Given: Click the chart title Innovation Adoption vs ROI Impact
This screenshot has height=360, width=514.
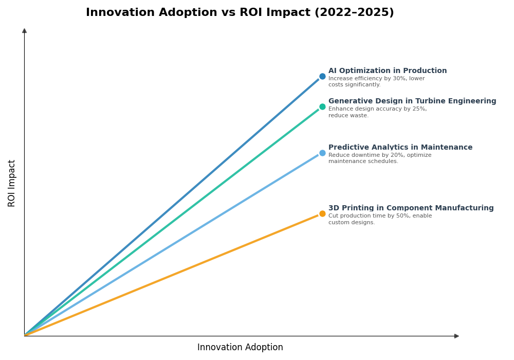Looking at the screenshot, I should (240, 13).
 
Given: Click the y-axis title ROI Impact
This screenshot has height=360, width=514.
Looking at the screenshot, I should (12, 183).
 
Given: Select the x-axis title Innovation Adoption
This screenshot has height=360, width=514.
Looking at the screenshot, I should (240, 348).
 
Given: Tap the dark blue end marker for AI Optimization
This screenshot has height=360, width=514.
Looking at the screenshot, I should (322, 77).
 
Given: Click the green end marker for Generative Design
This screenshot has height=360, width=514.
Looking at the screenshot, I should (322, 107).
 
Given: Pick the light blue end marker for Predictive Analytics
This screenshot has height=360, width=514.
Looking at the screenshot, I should (322, 153).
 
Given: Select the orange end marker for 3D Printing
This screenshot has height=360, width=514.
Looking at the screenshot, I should (322, 214).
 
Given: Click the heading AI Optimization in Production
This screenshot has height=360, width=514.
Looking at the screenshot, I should (388, 71).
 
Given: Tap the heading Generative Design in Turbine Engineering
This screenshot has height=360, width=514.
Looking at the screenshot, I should (412, 101).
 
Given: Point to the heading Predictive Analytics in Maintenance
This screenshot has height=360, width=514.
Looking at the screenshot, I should (400, 148).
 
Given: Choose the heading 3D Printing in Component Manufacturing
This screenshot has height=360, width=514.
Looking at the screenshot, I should (411, 208).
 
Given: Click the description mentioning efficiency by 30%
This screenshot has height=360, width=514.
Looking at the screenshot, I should (376, 82).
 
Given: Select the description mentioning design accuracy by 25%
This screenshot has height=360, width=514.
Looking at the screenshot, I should (377, 112).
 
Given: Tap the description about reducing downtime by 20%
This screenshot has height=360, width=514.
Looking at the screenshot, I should (380, 158).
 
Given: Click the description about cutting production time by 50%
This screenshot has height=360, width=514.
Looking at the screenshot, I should (380, 219).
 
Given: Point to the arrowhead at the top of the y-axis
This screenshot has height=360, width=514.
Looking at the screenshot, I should (24, 31).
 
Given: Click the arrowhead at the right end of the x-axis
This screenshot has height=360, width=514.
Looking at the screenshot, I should (456, 336).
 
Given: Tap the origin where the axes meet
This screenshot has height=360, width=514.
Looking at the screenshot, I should (24, 336).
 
